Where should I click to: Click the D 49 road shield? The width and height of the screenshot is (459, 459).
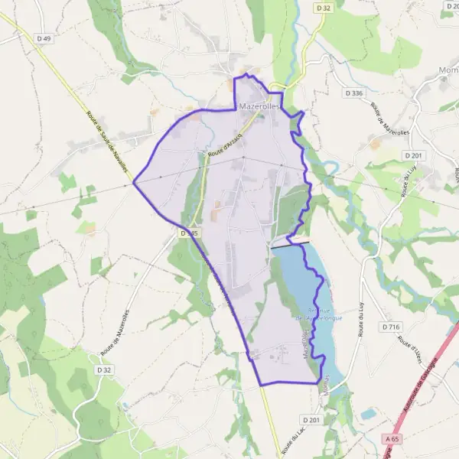click(43, 38)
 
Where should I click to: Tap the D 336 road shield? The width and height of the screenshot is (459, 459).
click(353, 93)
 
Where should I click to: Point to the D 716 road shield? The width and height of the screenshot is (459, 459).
click(390, 327)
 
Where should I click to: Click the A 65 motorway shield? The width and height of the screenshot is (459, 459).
click(393, 439)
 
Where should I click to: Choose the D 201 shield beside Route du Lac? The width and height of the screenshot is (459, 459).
click(311, 421)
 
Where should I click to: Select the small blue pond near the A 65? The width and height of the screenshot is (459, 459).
click(369, 414)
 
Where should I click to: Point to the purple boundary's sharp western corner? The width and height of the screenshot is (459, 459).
click(134, 182)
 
